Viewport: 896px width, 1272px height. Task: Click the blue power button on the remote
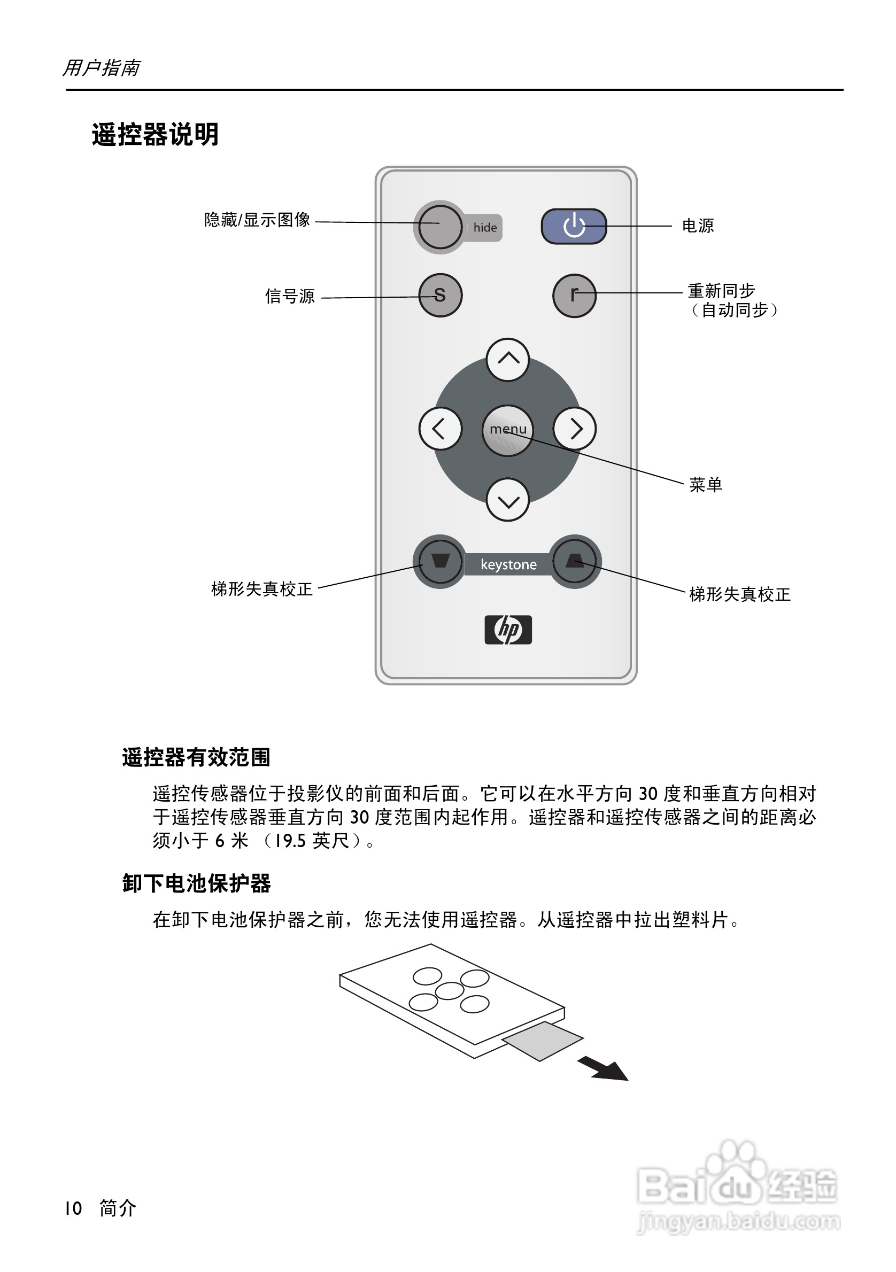[x=574, y=226]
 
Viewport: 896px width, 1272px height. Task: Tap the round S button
[x=440, y=295]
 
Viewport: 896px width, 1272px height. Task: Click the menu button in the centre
[x=507, y=430]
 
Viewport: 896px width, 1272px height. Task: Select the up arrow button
[x=507, y=360]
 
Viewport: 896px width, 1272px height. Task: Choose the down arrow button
[x=507, y=500]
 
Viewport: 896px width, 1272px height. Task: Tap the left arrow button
[x=440, y=429]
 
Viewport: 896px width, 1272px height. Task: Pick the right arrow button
[x=575, y=429]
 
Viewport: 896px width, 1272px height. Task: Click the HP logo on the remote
[x=508, y=630]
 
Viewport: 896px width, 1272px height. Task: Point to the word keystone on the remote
[x=508, y=564]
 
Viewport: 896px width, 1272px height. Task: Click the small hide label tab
[x=485, y=228]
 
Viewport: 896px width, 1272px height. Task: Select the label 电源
[x=698, y=226]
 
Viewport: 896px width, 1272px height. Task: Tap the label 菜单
[x=705, y=485]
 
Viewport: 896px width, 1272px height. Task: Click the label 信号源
[x=290, y=297]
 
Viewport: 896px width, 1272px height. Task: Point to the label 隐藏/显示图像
[x=257, y=220]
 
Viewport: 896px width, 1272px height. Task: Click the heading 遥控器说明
[x=155, y=135]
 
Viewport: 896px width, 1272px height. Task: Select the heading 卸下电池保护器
[x=196, y=883]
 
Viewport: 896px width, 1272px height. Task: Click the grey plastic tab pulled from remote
[x=543, y=1041]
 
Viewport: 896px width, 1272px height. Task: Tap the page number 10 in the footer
[x=73, y=1208]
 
